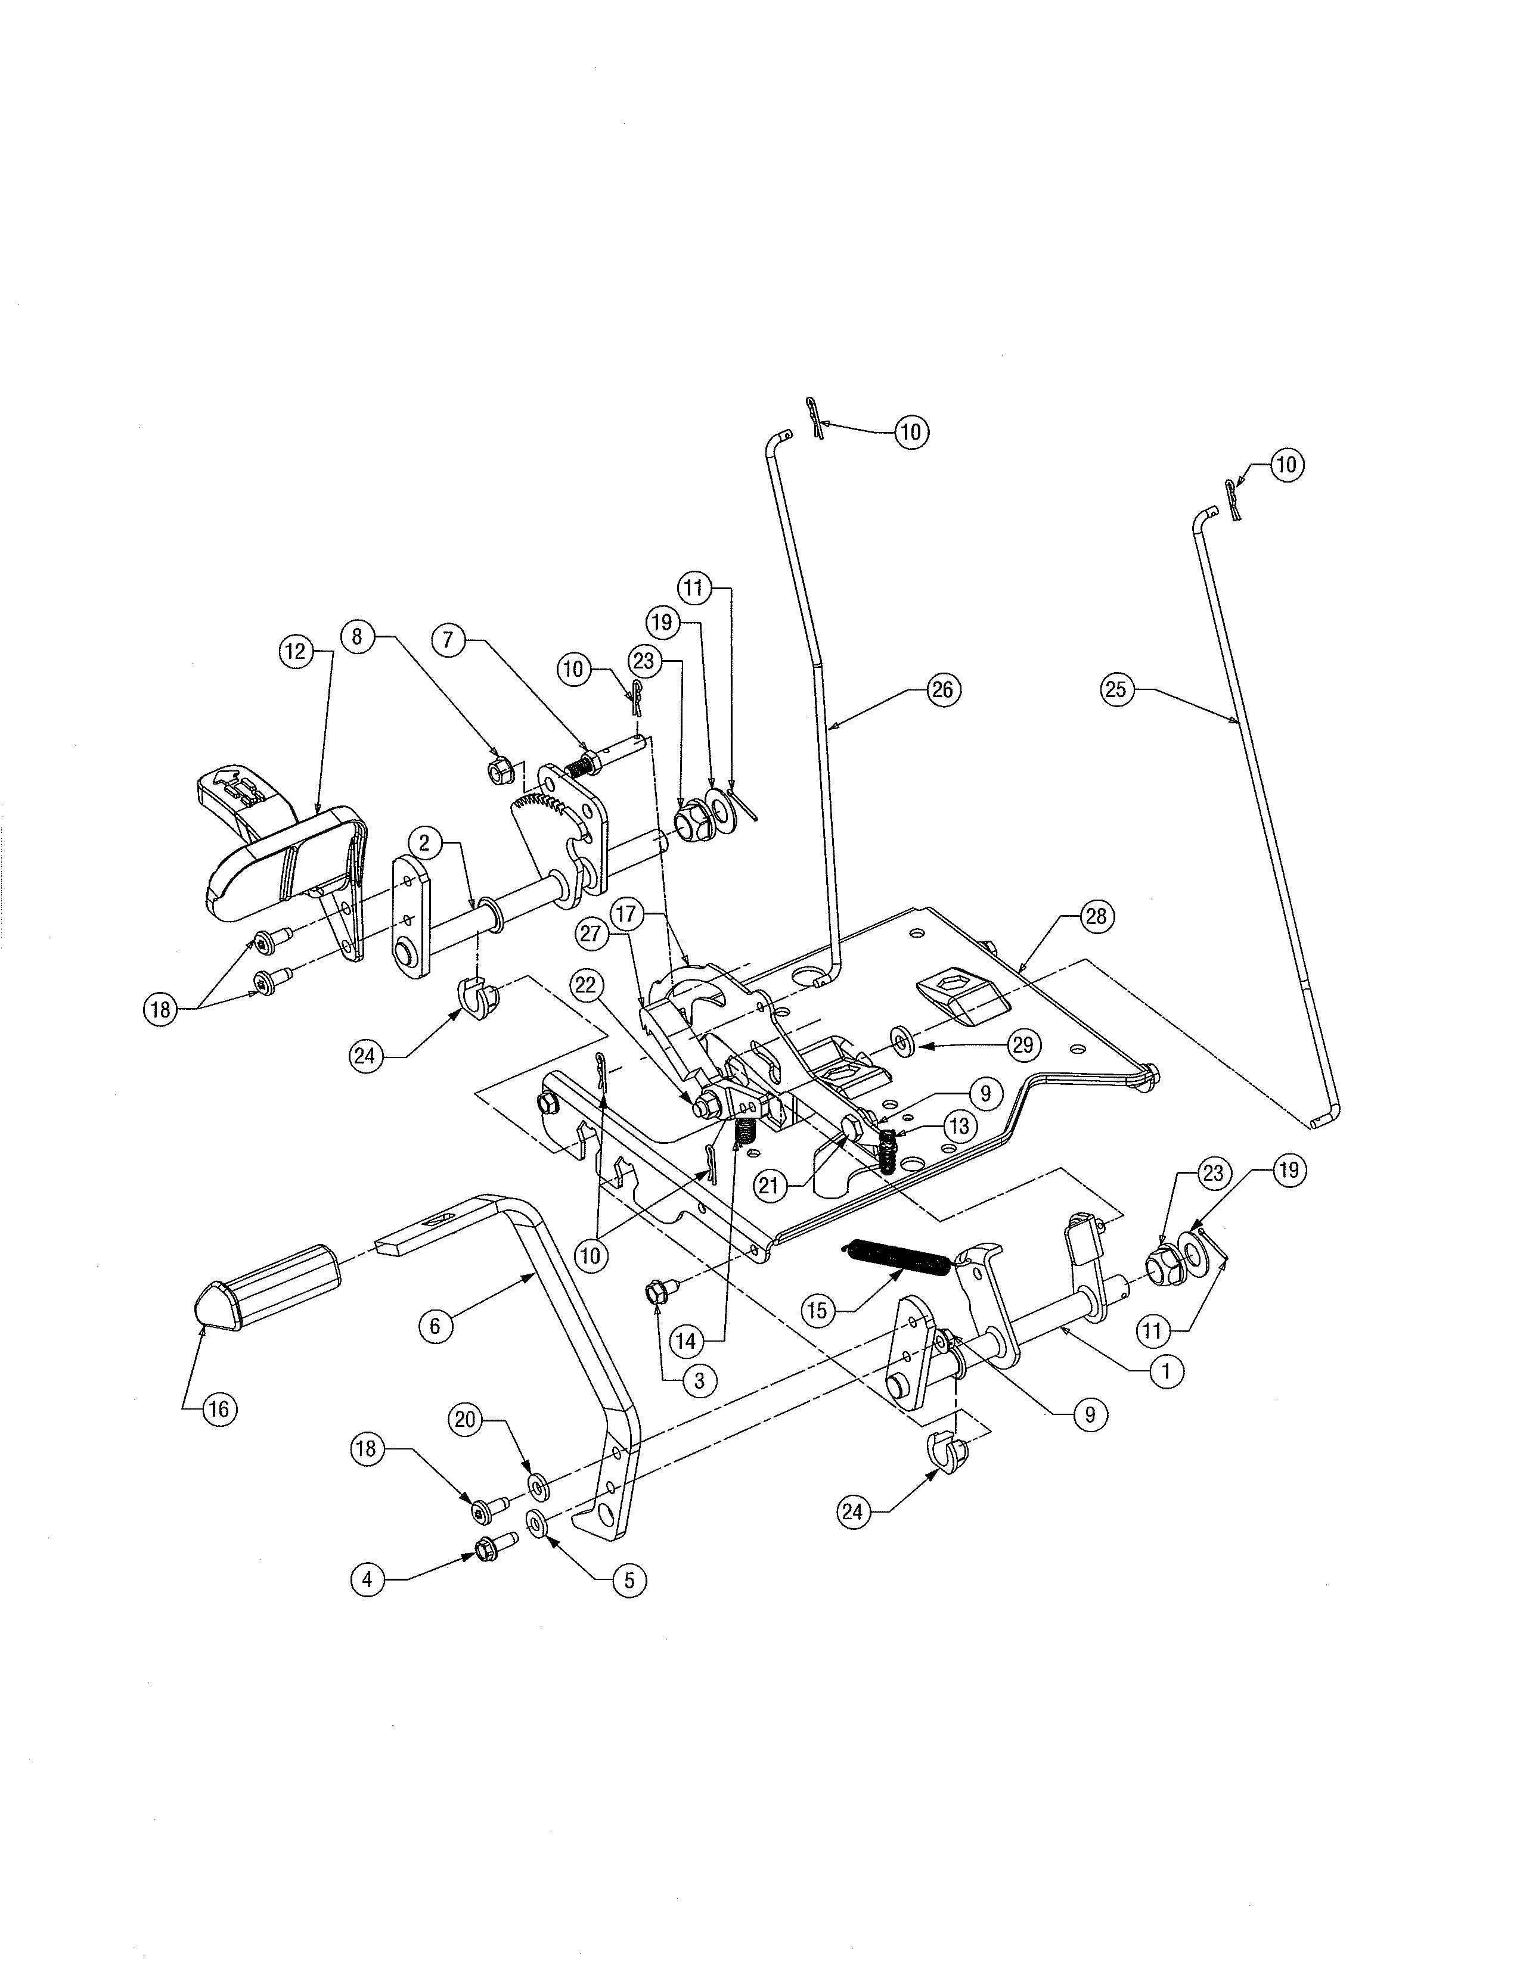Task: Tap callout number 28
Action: (1095, 916)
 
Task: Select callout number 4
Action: (367, 1578)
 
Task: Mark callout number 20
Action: (465, 1420)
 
